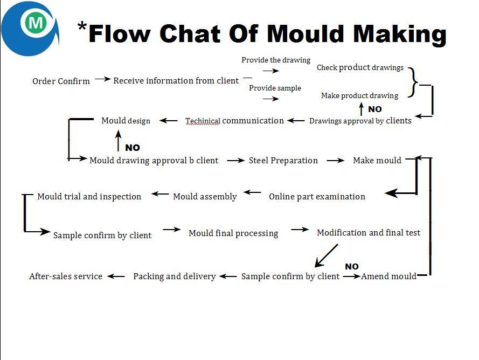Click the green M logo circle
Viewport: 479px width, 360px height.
click(37, 23)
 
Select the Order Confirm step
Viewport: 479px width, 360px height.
click(61, 81)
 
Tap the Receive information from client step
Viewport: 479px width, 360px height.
click(176, 81)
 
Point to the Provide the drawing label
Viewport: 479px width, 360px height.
click(276, 60)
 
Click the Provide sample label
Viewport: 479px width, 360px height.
click(275, 88)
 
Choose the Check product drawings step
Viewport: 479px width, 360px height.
click(360, 67)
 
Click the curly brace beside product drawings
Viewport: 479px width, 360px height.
click(413, 82)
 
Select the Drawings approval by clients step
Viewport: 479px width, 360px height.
click(360, 121)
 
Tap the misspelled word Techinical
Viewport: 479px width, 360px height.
click(203, 121)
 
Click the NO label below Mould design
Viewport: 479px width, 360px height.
click(133, 148)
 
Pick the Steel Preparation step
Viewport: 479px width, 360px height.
click(283, 161)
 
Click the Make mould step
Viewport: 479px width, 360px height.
click(377, 161)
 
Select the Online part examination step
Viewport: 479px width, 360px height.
click(317, 197)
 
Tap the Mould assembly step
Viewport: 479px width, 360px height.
click(205, 197)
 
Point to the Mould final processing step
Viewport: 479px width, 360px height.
click(233, 233)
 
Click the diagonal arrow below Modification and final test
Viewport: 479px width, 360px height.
click(327, 255)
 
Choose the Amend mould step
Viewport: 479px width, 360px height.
click(388, 276)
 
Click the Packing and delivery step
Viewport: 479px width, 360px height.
click(175, 276)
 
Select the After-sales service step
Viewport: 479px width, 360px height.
click(66, 276)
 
